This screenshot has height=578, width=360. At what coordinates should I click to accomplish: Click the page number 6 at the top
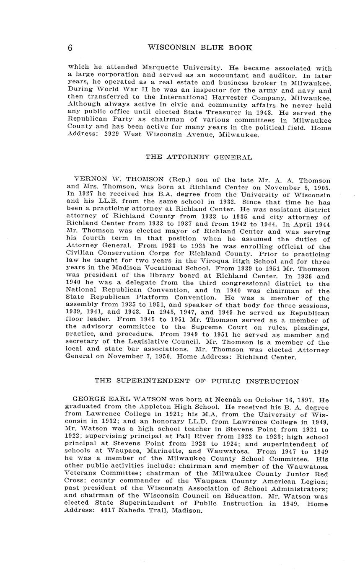pos(70,48)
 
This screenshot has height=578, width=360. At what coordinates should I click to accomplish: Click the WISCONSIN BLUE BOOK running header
pos(200,48)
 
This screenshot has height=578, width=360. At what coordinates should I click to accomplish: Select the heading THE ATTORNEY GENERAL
pos(199,157)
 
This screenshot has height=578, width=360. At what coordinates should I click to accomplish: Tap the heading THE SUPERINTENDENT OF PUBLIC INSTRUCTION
pos(197,381)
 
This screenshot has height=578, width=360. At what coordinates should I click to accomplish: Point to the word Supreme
pos(204,327)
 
